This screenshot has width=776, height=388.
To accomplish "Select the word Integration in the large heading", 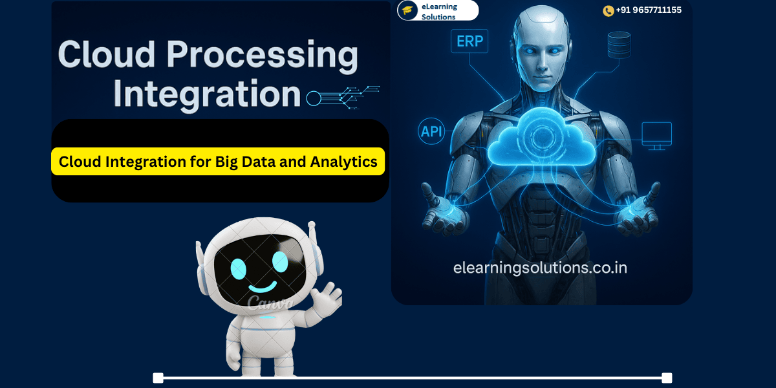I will (x=208, y=94).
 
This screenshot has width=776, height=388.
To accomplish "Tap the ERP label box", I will (x=469, y=42).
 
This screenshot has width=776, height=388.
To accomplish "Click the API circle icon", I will (x=431, y=131).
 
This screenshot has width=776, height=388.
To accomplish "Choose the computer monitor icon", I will (x=656, y=135).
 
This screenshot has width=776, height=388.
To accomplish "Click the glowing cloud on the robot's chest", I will (x=541, y=137).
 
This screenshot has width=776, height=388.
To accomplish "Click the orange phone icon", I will (x=608, y=11).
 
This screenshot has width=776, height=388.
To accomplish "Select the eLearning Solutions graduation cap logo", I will (x=407, y=10).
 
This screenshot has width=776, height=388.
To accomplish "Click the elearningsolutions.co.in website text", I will (x=540, y=267).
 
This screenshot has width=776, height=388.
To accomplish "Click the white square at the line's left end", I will (x=158, y=378).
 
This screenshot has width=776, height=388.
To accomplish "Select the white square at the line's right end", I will (x=667, y=378).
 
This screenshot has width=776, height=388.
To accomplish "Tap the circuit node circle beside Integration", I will (x=313, y=98).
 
